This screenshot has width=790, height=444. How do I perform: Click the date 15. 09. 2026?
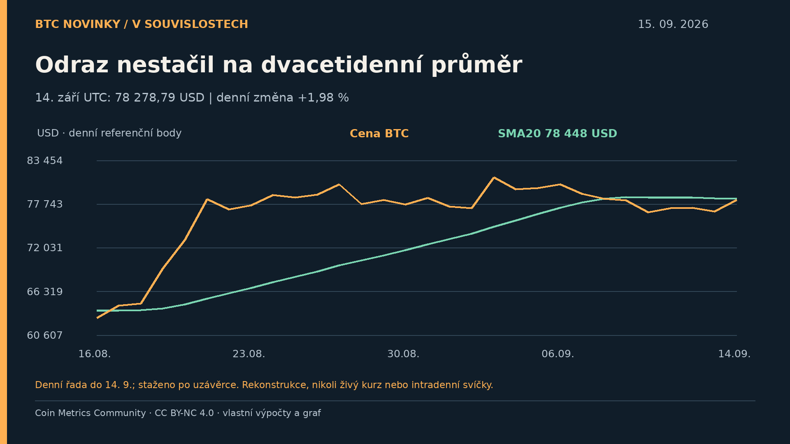click(673, 25)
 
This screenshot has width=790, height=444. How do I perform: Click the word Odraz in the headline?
click(72, 65)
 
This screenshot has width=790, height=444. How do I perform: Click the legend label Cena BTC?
click(379, 134)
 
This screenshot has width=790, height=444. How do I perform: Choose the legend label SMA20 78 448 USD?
click(558, 134)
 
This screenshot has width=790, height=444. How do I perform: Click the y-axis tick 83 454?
click(45, 161)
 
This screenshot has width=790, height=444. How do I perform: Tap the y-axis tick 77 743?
click(45, 204)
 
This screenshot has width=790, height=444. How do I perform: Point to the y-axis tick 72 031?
click(45, 248)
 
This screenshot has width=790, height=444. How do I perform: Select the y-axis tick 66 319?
click(45, 292)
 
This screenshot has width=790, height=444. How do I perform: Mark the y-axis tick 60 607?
click(45, 335)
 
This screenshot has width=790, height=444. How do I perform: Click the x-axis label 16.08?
click(95, 354)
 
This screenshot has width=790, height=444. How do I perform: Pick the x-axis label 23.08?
click(249, 354)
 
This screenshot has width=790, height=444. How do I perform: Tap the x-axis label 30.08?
click(403, 354)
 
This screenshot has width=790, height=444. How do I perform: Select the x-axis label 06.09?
click(558, 354)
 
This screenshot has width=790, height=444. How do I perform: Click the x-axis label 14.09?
click(734, 354)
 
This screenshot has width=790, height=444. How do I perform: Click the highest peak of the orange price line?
click(494, 178)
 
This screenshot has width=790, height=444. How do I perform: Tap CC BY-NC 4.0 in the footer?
click(184, 413)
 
